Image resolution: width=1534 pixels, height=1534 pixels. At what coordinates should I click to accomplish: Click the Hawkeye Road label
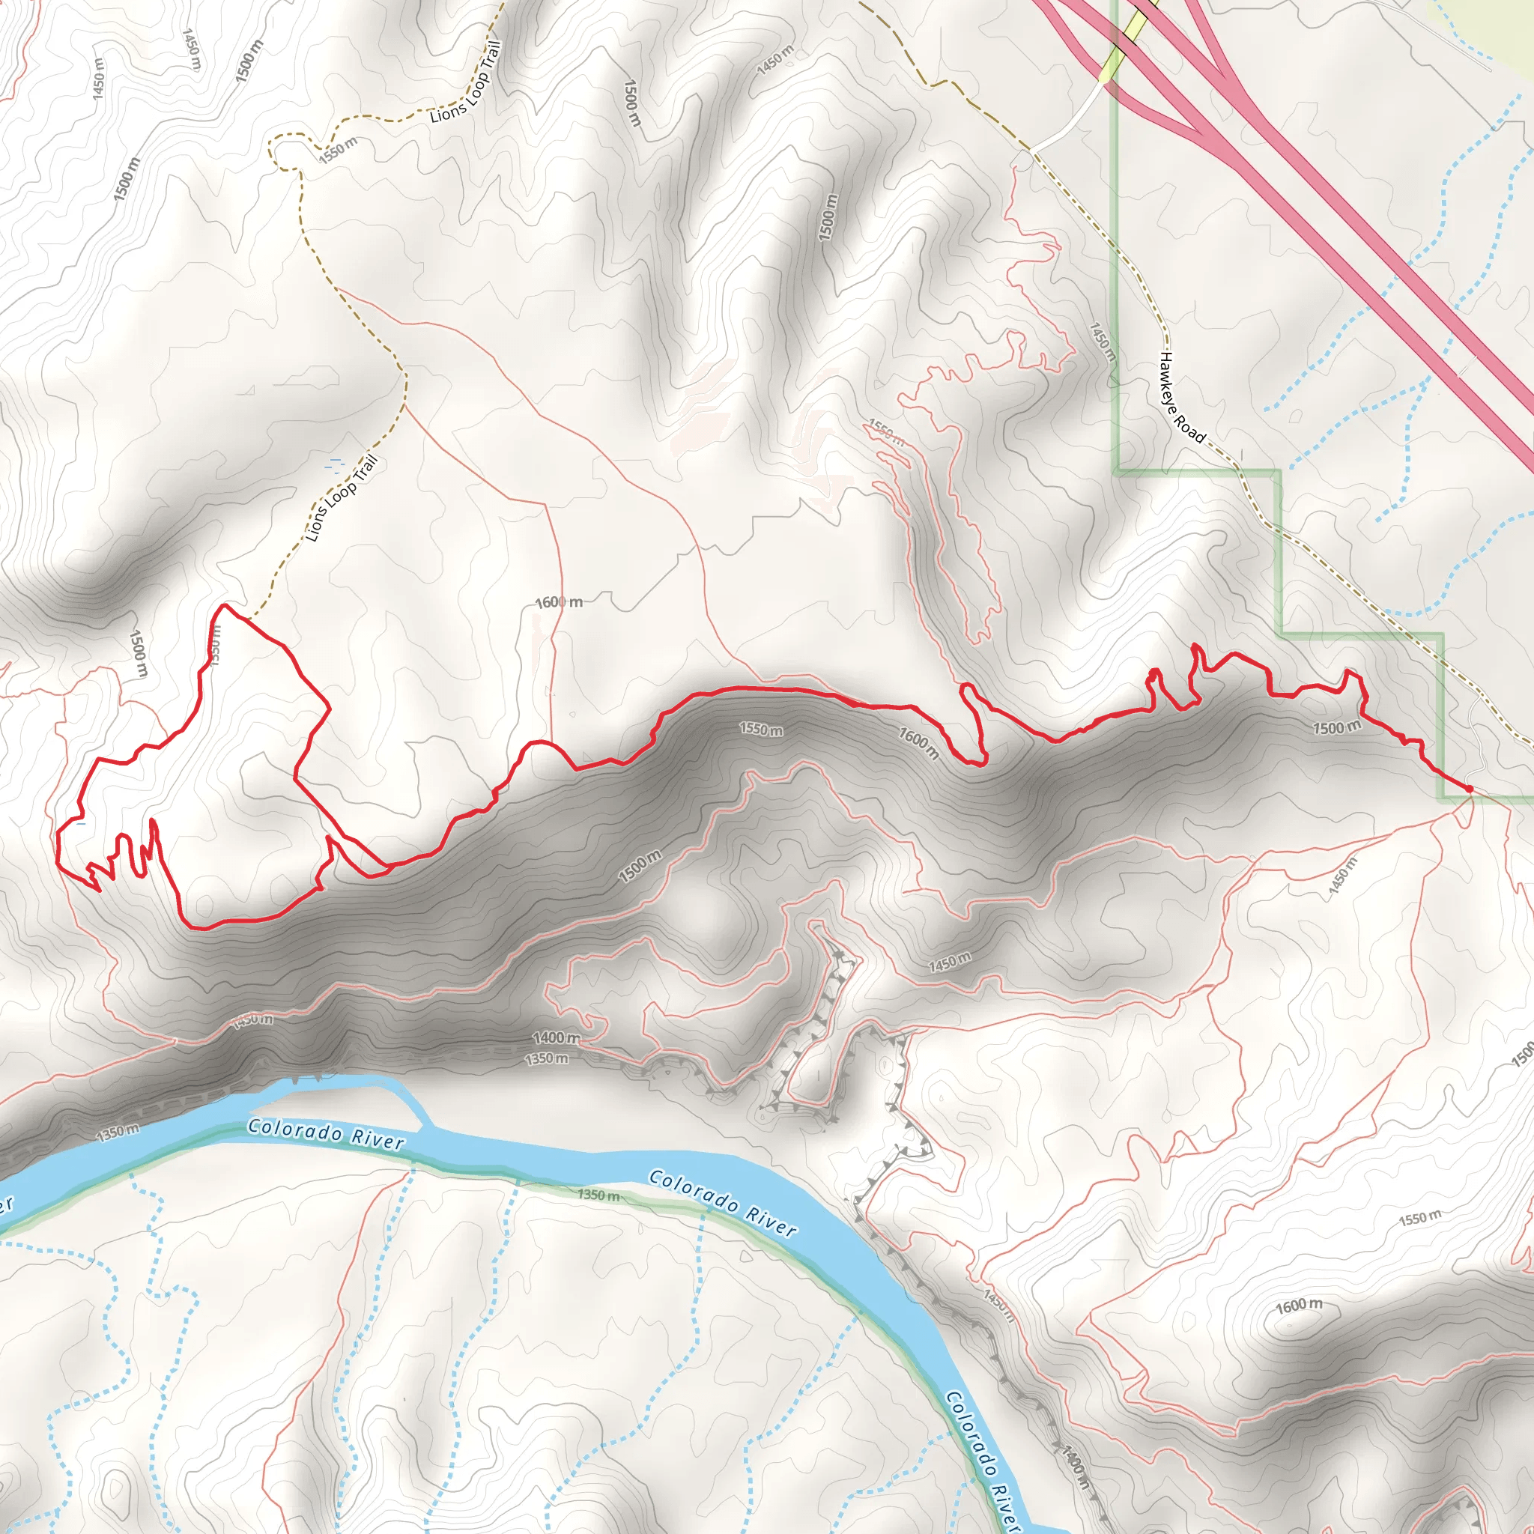tap(1180, 397)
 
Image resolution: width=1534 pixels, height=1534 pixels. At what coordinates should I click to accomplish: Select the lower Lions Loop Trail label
tap(342, 499)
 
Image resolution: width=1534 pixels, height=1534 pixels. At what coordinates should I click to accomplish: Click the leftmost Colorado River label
tap(327, 1135)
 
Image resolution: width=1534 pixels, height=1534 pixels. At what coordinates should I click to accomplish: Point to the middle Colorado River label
tap(723, 1204)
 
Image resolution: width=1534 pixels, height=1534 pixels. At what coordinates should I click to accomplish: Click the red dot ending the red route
tap(1469, 789)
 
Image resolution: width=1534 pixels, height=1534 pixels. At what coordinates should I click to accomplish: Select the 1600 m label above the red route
tap(558, 603)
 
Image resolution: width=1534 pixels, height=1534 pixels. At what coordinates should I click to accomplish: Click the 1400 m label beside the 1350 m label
tap(556, 1037)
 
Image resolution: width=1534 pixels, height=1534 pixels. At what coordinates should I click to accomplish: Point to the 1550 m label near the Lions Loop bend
tap(339, 149)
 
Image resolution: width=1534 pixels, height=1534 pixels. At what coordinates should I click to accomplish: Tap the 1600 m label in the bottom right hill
tap(1299, 1306)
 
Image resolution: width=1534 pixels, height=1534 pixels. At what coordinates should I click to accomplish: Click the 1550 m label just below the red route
tap(761, 729)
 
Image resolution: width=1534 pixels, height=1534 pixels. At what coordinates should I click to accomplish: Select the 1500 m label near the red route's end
tap(1336, 727)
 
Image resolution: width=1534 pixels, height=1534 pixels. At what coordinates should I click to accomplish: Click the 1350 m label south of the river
tap(598, 1195)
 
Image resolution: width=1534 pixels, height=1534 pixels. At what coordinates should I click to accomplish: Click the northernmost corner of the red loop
tap(225, 605)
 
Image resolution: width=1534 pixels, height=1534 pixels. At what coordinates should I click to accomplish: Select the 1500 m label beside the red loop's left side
tap(138, 653)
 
